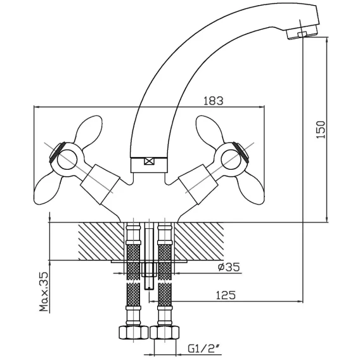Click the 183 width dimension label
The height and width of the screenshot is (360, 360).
click(214, 101)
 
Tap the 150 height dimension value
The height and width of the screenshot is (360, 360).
click(321, 129)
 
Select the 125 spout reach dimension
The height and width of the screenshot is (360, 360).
click(226, 295)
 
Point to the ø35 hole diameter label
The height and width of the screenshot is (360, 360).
click(229, 267)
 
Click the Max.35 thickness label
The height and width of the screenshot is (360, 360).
click(44, 292)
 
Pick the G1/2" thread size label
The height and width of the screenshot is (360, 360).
click(203, 349)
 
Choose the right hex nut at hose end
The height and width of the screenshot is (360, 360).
click(164, 331)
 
